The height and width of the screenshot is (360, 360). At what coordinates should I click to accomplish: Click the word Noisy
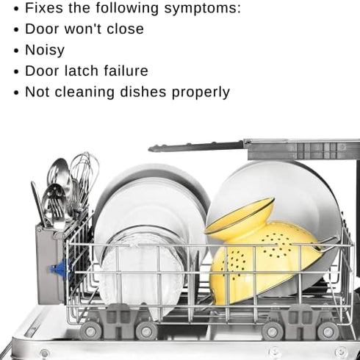point(45,50)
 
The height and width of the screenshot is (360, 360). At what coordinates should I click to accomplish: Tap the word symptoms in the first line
point(203,8)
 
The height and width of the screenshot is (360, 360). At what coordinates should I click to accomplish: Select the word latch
point(82,71)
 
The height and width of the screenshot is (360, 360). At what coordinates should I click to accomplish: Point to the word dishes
point(143,92)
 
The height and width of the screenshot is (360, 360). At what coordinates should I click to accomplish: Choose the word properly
point(201,93)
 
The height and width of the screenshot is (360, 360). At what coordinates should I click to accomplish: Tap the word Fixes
point(44,8)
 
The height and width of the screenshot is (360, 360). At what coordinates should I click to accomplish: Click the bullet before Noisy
point(16,51)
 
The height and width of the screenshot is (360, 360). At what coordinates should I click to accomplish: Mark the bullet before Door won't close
point(16,29)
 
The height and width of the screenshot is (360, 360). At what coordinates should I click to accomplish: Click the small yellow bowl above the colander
point(241,218)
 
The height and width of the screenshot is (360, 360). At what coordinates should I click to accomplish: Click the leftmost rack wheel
point(90,331)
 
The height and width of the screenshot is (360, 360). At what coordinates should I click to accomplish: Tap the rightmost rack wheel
point(328,331)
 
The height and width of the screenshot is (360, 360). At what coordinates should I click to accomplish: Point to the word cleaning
point(84,93)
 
